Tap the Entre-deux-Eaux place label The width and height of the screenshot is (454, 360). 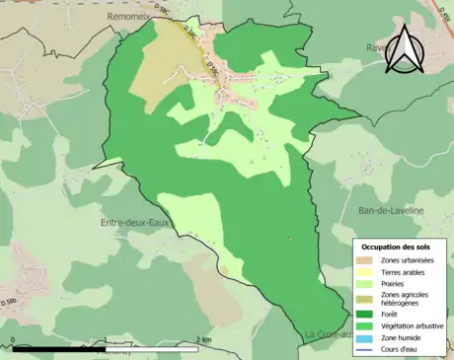135,223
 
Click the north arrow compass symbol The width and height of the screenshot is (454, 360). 405,49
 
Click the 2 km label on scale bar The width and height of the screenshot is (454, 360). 203,340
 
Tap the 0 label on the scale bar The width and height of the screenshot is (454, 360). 13,340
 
